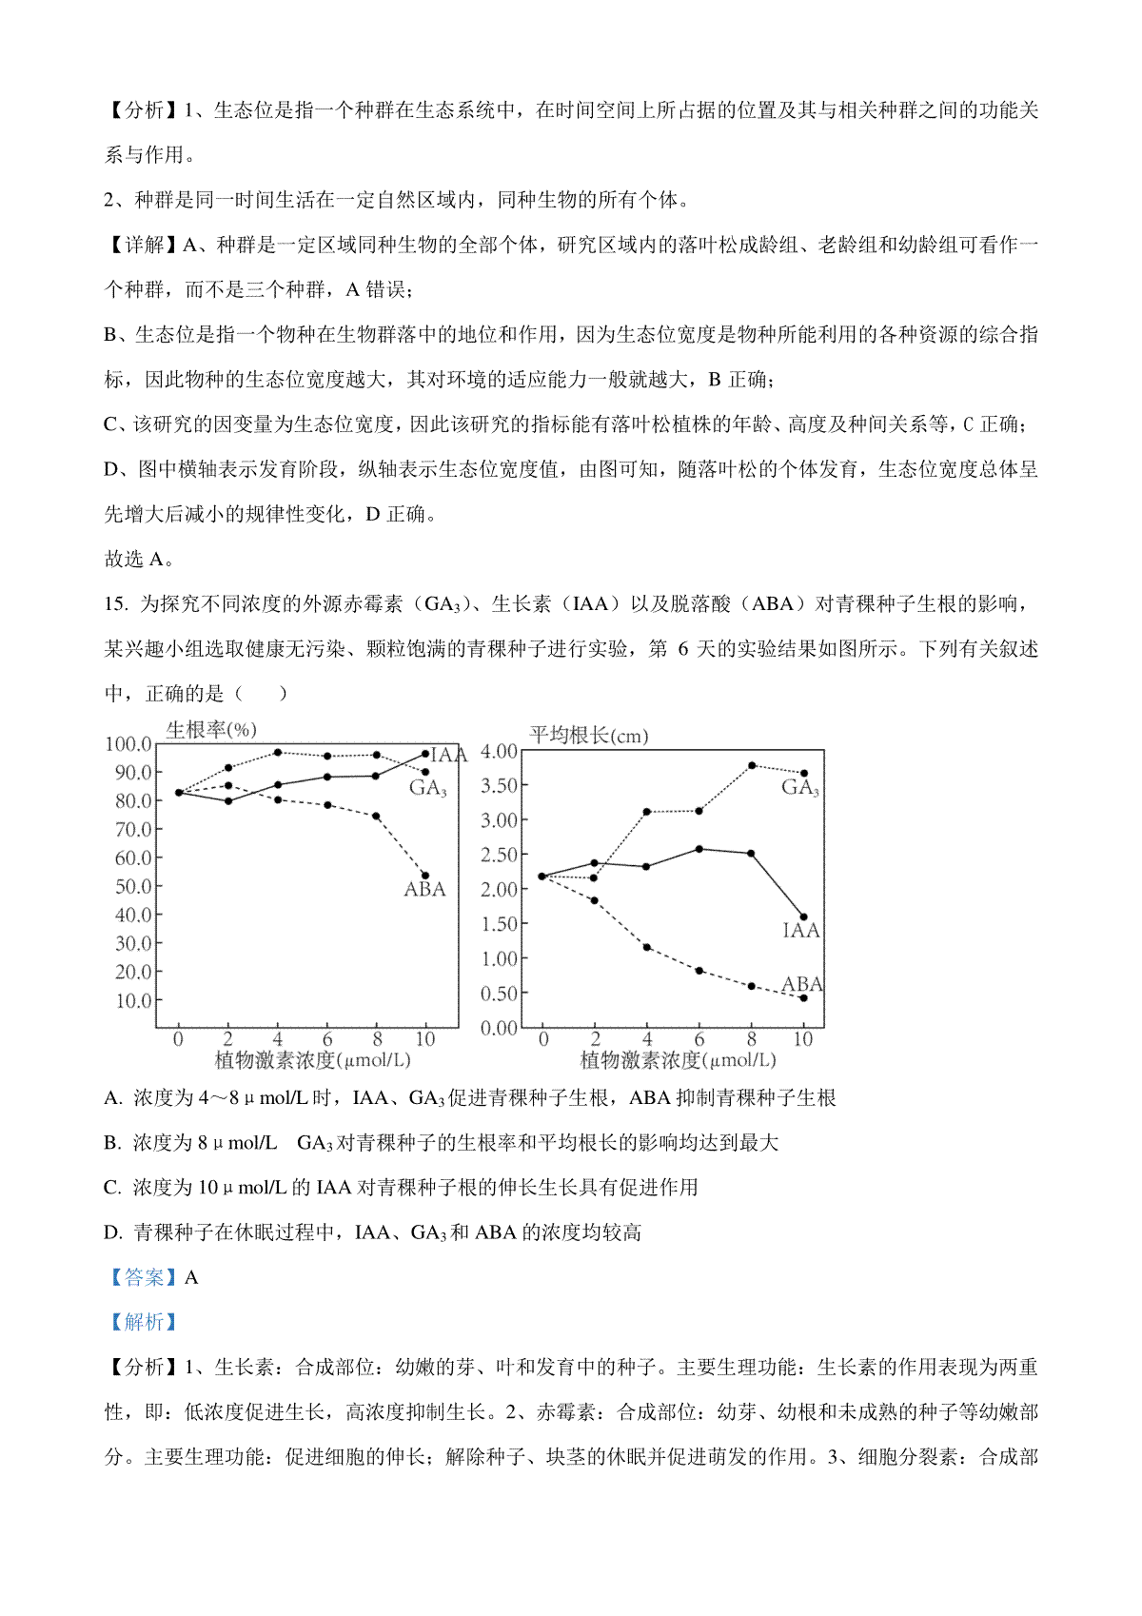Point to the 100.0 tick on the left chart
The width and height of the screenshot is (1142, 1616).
point(128,744)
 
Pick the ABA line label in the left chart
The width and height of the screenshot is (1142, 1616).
point(424,890)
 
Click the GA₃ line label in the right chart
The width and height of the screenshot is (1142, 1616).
point(800,788)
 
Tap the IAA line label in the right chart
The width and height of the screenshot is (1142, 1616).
point(800,931)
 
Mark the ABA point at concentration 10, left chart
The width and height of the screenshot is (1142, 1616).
point(425,876)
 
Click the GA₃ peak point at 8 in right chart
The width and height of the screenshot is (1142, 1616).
point(752,765)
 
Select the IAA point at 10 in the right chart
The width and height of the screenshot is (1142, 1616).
point(804,917)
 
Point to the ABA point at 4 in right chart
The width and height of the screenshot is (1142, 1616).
point(647,947)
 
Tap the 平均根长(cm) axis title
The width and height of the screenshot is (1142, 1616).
point(588,736)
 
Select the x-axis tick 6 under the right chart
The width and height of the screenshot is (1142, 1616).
point(699,1039)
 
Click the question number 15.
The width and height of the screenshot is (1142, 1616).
point(115,604)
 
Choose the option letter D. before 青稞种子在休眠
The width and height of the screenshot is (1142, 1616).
point(113,1233)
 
